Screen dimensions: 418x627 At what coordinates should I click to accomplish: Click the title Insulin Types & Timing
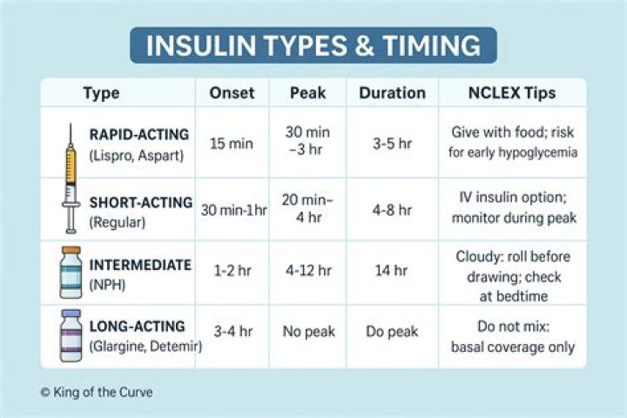pos(313,45)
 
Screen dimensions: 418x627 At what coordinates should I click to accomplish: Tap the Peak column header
pos(307,93)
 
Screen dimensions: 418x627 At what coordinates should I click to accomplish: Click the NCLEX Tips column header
pos(511,93)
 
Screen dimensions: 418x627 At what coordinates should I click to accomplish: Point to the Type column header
pos(101,93)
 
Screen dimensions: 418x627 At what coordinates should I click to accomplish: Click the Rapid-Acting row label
pos(139,134)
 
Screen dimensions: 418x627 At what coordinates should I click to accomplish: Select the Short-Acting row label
pos(140,203)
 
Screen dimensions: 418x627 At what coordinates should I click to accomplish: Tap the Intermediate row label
pos(139,265)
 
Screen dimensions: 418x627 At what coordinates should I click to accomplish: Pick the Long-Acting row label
pos(138,327)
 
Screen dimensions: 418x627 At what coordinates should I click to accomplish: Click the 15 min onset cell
pos(231,143)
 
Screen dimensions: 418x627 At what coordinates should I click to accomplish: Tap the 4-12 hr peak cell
pos(307,271)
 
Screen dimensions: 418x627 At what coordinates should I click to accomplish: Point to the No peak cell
pos(307,332)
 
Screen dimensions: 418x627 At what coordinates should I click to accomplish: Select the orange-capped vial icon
pos(71,273)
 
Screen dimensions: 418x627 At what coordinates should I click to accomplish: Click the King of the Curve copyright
pos(97,393)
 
